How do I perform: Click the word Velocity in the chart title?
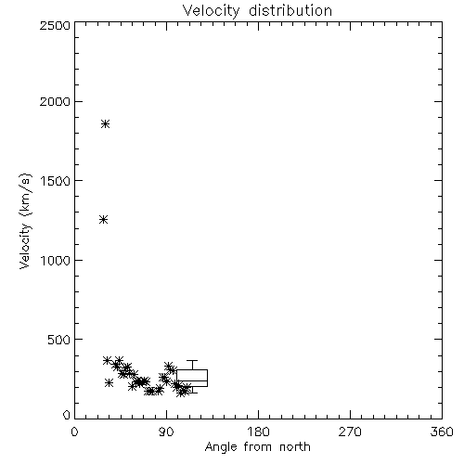coord(212,11)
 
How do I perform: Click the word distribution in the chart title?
coord(290,10)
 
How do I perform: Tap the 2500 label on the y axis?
coord(55,25)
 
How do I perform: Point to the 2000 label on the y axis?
coord(55,102)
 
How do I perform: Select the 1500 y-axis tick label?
coord(56,181)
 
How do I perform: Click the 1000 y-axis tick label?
coord(56,261)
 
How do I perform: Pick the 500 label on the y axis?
coord(59,340)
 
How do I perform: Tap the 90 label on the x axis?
coord(166,432)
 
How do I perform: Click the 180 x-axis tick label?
coord(258,432)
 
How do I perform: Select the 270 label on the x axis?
coord(350,432)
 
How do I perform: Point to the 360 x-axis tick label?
coord(442,432)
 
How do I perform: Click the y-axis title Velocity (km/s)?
coord(25,221)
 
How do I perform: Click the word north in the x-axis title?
coord(295,447)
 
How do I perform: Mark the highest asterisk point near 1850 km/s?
coord(106,124)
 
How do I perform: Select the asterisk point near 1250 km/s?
coord(104,220)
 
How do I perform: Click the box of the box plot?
coord(192,370)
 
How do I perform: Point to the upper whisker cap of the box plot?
coord(192,361)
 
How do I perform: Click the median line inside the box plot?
coord(192,381)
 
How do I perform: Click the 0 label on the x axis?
coord(74,432)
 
